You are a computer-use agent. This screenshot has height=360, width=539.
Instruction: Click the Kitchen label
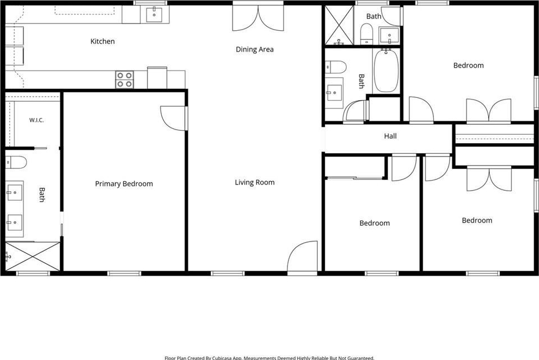[x=102, y=41]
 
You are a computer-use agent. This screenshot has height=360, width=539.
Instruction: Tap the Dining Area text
[x=255, y=49]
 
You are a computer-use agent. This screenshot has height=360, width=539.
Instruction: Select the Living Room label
[x=255, y=182]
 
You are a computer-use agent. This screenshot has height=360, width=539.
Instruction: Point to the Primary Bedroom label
[x=124, y=184]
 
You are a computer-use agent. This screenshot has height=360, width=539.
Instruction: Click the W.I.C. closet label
[x=36, y=120]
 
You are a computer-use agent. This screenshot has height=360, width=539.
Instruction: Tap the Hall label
[x=390, y=136]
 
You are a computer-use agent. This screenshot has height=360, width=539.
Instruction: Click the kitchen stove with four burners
[x=125, y=80]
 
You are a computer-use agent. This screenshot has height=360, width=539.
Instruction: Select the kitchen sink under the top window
[x=154, y=15]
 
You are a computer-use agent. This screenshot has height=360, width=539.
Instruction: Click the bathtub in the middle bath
[x=386, y=70]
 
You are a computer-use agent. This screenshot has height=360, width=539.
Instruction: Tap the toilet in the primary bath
[x=16, y=162]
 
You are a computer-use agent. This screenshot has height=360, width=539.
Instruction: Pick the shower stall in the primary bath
[x=32, y=256]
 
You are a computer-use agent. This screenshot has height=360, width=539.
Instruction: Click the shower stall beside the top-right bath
[x=339, y=25]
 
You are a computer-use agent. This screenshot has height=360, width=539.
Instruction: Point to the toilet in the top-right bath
[x=366, y=34]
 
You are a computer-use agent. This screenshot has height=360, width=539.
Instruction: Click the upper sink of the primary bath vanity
[x=15, y=193]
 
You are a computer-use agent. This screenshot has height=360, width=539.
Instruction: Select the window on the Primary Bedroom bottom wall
[x=125, y=273]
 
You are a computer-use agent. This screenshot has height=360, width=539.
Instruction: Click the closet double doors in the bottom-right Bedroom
[x=489, y=179]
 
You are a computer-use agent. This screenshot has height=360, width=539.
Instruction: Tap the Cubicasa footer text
[x=269, y=358]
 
